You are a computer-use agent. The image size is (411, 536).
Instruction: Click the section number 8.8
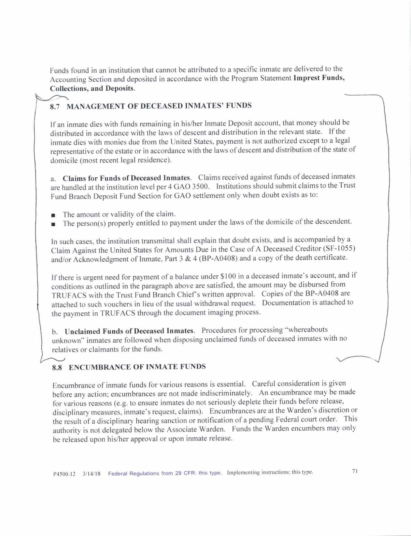57,368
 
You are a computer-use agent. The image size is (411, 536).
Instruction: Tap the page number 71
355,471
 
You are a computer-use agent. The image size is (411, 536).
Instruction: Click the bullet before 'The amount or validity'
53,215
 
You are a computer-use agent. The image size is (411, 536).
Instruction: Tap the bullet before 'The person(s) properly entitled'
53,224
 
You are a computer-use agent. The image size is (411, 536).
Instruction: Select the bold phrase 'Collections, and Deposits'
92,88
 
